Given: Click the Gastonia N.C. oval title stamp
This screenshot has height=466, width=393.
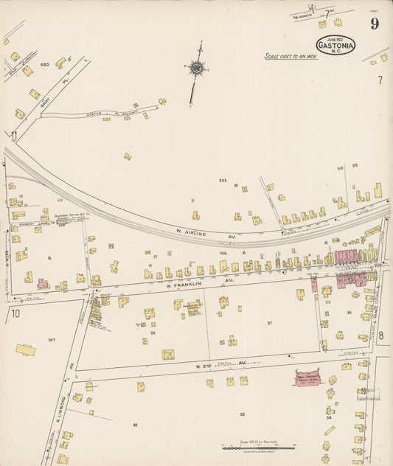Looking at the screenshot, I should (x=335, y=44).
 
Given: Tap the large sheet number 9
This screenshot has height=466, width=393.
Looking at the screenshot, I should (x=375, y=24).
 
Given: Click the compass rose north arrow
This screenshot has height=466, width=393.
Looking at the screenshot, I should (x=197, y=69).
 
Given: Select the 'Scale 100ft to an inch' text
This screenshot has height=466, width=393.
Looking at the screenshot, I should (x=291, y=56).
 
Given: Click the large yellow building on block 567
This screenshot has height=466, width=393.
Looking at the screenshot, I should (x=26, y=349).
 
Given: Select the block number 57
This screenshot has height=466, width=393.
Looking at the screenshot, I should (x=270, y=324).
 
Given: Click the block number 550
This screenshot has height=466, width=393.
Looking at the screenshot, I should (x=44, y=65).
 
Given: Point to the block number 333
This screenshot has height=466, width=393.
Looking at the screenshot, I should (x=222, y=180).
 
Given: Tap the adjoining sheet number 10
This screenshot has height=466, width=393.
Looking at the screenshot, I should (x=16, y=314).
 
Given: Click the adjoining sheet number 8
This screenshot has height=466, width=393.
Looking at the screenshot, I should (x=380, y=315).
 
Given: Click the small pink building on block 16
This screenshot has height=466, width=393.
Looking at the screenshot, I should (x=43, y=283).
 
